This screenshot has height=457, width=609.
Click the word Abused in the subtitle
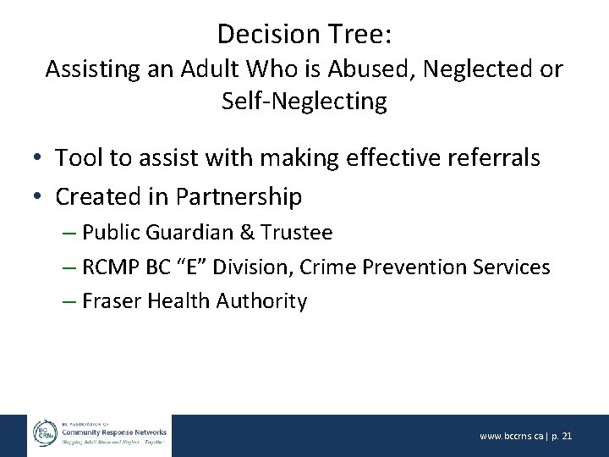click(x=343, y=69)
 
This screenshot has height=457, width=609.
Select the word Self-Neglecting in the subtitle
click(x=304, y=102)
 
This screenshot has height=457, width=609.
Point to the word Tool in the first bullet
click(x=78, y=157)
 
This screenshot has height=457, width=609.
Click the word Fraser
click(x=109, y=301)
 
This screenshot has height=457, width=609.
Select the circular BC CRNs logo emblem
click(x=43, y=434)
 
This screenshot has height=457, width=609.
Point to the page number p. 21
click(x=562, y=436)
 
